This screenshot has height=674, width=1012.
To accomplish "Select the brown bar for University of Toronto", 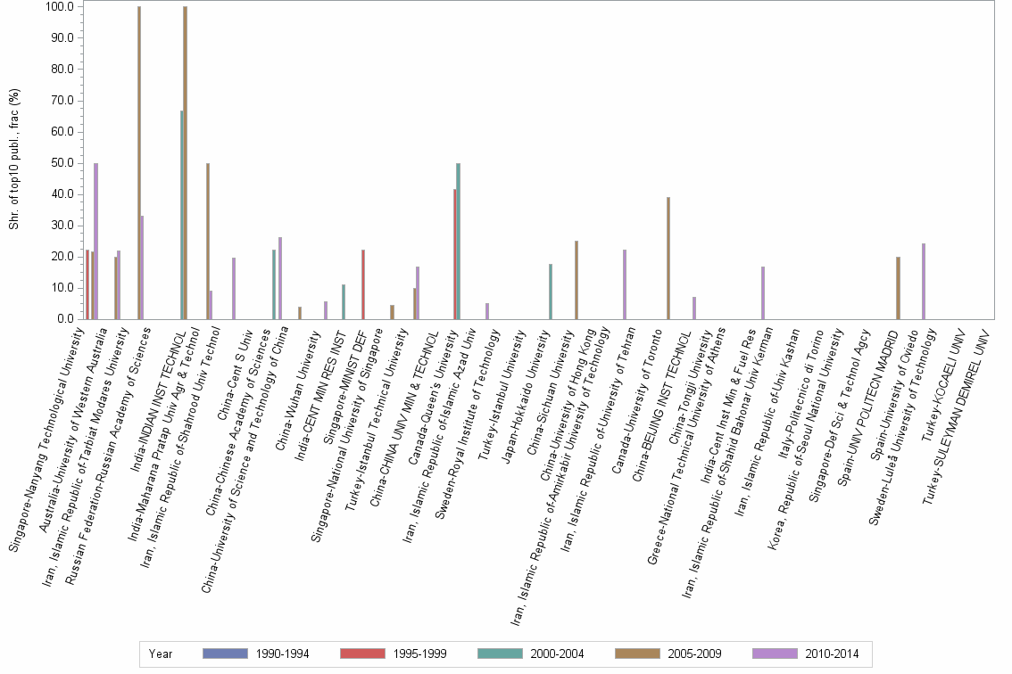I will coord(668,258).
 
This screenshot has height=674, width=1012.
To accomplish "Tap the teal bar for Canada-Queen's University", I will coord(458,241).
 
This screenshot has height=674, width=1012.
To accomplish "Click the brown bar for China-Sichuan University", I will coord(577,279).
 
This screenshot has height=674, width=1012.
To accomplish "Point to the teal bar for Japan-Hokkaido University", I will coord(550,291).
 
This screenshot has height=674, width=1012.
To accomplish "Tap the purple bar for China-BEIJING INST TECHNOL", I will coord(693,308).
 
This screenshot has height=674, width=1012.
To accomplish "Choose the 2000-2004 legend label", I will coord(557,654).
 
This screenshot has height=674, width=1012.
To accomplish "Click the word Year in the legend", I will coord(161,654).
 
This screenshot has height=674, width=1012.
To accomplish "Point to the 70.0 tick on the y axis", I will coord(61,101).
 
